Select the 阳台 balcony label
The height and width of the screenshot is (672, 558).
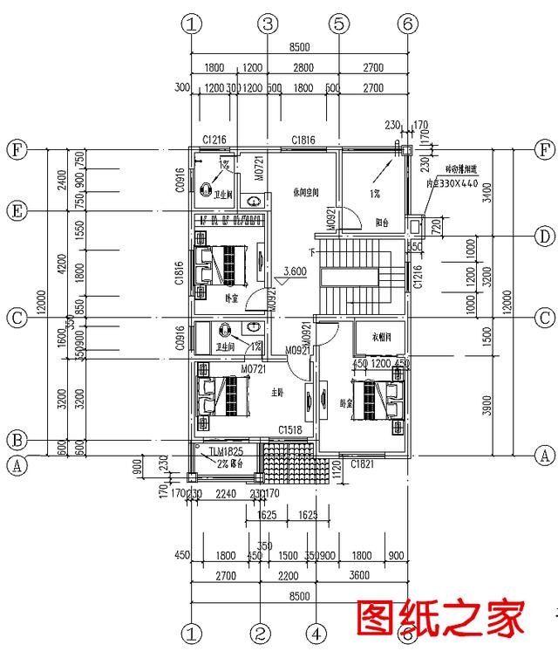(381, 222)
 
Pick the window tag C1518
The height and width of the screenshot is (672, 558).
(289, 429)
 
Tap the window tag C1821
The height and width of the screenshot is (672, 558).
(362, 464)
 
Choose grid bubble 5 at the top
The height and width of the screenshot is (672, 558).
(339, 24)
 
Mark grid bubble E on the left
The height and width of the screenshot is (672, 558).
(16, 210)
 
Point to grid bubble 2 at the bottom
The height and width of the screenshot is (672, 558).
(258, 632)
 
